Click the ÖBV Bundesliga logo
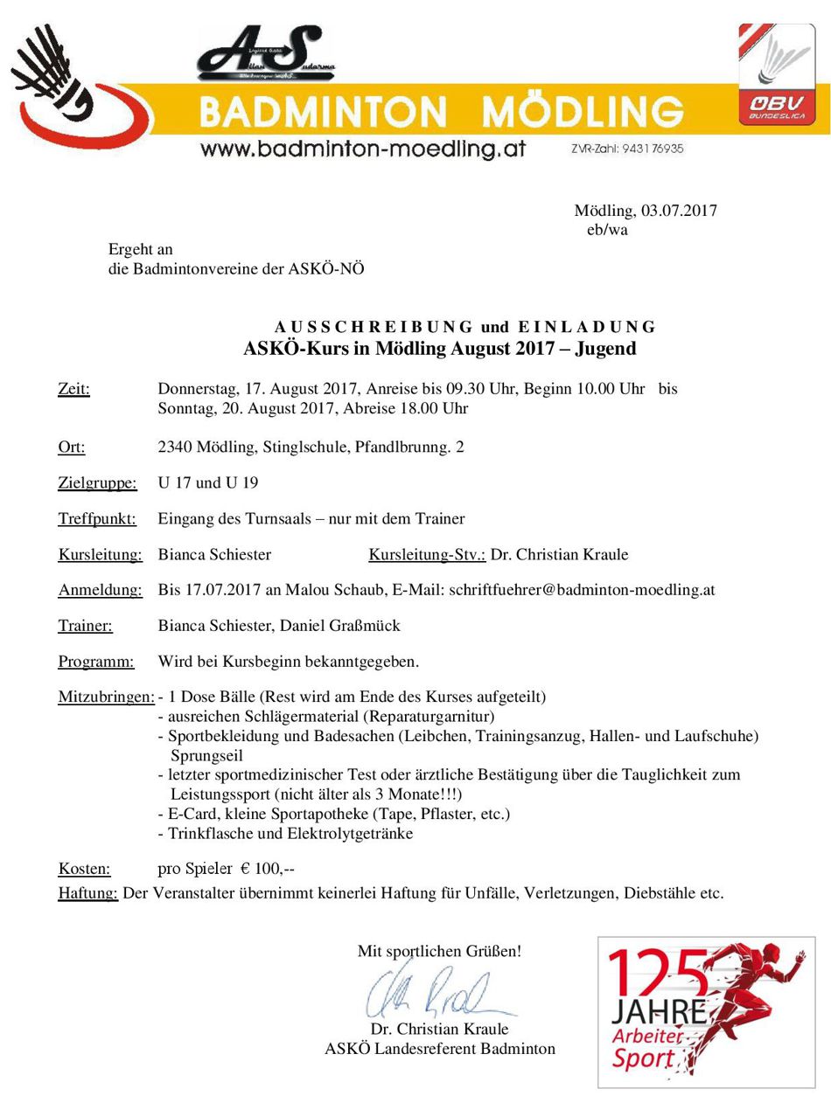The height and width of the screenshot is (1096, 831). [x=782, y=74]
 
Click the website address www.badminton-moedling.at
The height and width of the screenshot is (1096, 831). [x=362, y=149]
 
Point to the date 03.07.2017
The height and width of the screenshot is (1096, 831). [x=679, y=211]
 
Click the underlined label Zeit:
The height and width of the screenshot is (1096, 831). [x=73, y=389]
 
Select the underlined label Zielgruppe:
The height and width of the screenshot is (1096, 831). [x=97, y=483]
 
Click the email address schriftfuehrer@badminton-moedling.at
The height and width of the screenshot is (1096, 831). [x=582, y=590]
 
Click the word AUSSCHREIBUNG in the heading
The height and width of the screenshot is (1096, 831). [x=374, y=327]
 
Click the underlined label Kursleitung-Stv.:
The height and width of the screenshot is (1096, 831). [x=427, y=555]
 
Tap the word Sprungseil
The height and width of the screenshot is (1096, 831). [x=206, y=755]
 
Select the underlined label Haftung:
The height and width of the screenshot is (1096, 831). [x=87, y=893]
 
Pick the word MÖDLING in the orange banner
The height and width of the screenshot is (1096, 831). [x=583, y=112]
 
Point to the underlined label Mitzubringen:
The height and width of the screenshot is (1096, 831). [x=106, y=697]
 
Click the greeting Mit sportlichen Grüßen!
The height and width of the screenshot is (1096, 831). [x=439, y=951]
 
